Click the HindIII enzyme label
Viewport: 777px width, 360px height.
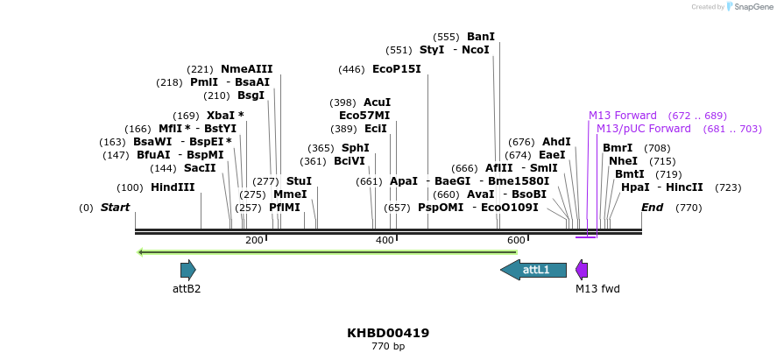pos(173,187)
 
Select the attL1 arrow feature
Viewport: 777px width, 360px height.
pos(533,270)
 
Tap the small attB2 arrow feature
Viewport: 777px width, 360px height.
pos(187,270)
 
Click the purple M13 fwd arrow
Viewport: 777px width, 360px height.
pos(582,270)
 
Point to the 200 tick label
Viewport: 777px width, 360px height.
pos(254,241)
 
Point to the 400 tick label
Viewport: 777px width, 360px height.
pos(385,241)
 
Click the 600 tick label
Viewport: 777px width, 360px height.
pos(516,241)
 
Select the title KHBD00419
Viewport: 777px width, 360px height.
pos(388,334)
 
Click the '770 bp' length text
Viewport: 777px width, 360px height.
pos(388,347)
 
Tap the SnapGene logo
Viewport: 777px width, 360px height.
pos(747,7)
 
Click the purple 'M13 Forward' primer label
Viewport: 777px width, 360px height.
pos(622,116)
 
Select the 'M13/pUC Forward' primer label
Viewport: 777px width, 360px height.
pos(643,129)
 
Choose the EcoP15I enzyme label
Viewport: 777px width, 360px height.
pos(396,69)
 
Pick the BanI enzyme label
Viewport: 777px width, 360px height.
pos(480,37)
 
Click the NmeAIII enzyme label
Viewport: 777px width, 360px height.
pos(246,69)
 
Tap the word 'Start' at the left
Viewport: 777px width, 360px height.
pos(115,208)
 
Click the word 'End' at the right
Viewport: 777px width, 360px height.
pos(653,208)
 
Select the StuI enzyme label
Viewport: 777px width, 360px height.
pos(299,181)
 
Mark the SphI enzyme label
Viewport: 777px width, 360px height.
pos(355,148)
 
